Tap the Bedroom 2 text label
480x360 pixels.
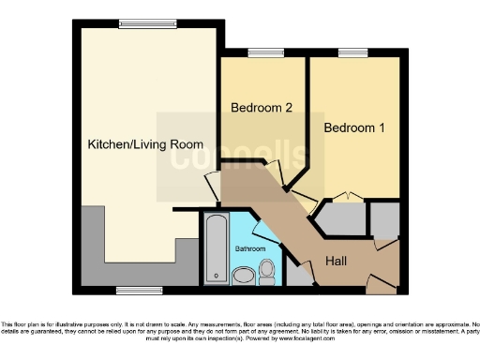point(262,108)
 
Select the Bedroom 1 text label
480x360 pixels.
point(354,127)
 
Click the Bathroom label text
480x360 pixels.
point(250,249)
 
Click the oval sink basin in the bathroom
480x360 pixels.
point(242,276)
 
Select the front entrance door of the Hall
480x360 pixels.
point(382,278)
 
